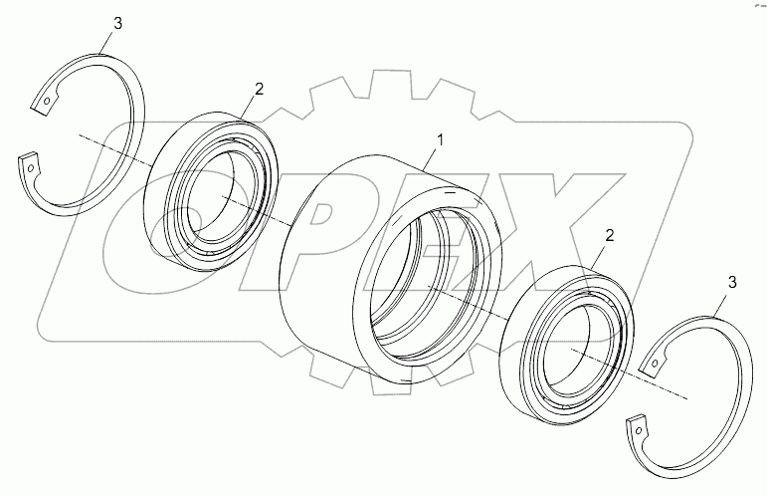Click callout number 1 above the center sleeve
coord(441,140)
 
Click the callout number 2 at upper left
coord(259,89)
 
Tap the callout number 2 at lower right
coord(610,235)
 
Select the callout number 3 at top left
coord(118,23)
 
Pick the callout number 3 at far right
coord(732,282)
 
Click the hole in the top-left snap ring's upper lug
coord(47,102)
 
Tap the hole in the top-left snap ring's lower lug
coord(31,168)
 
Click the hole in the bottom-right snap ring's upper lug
coord(654,364)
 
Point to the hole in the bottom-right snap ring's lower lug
coord(639,430)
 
